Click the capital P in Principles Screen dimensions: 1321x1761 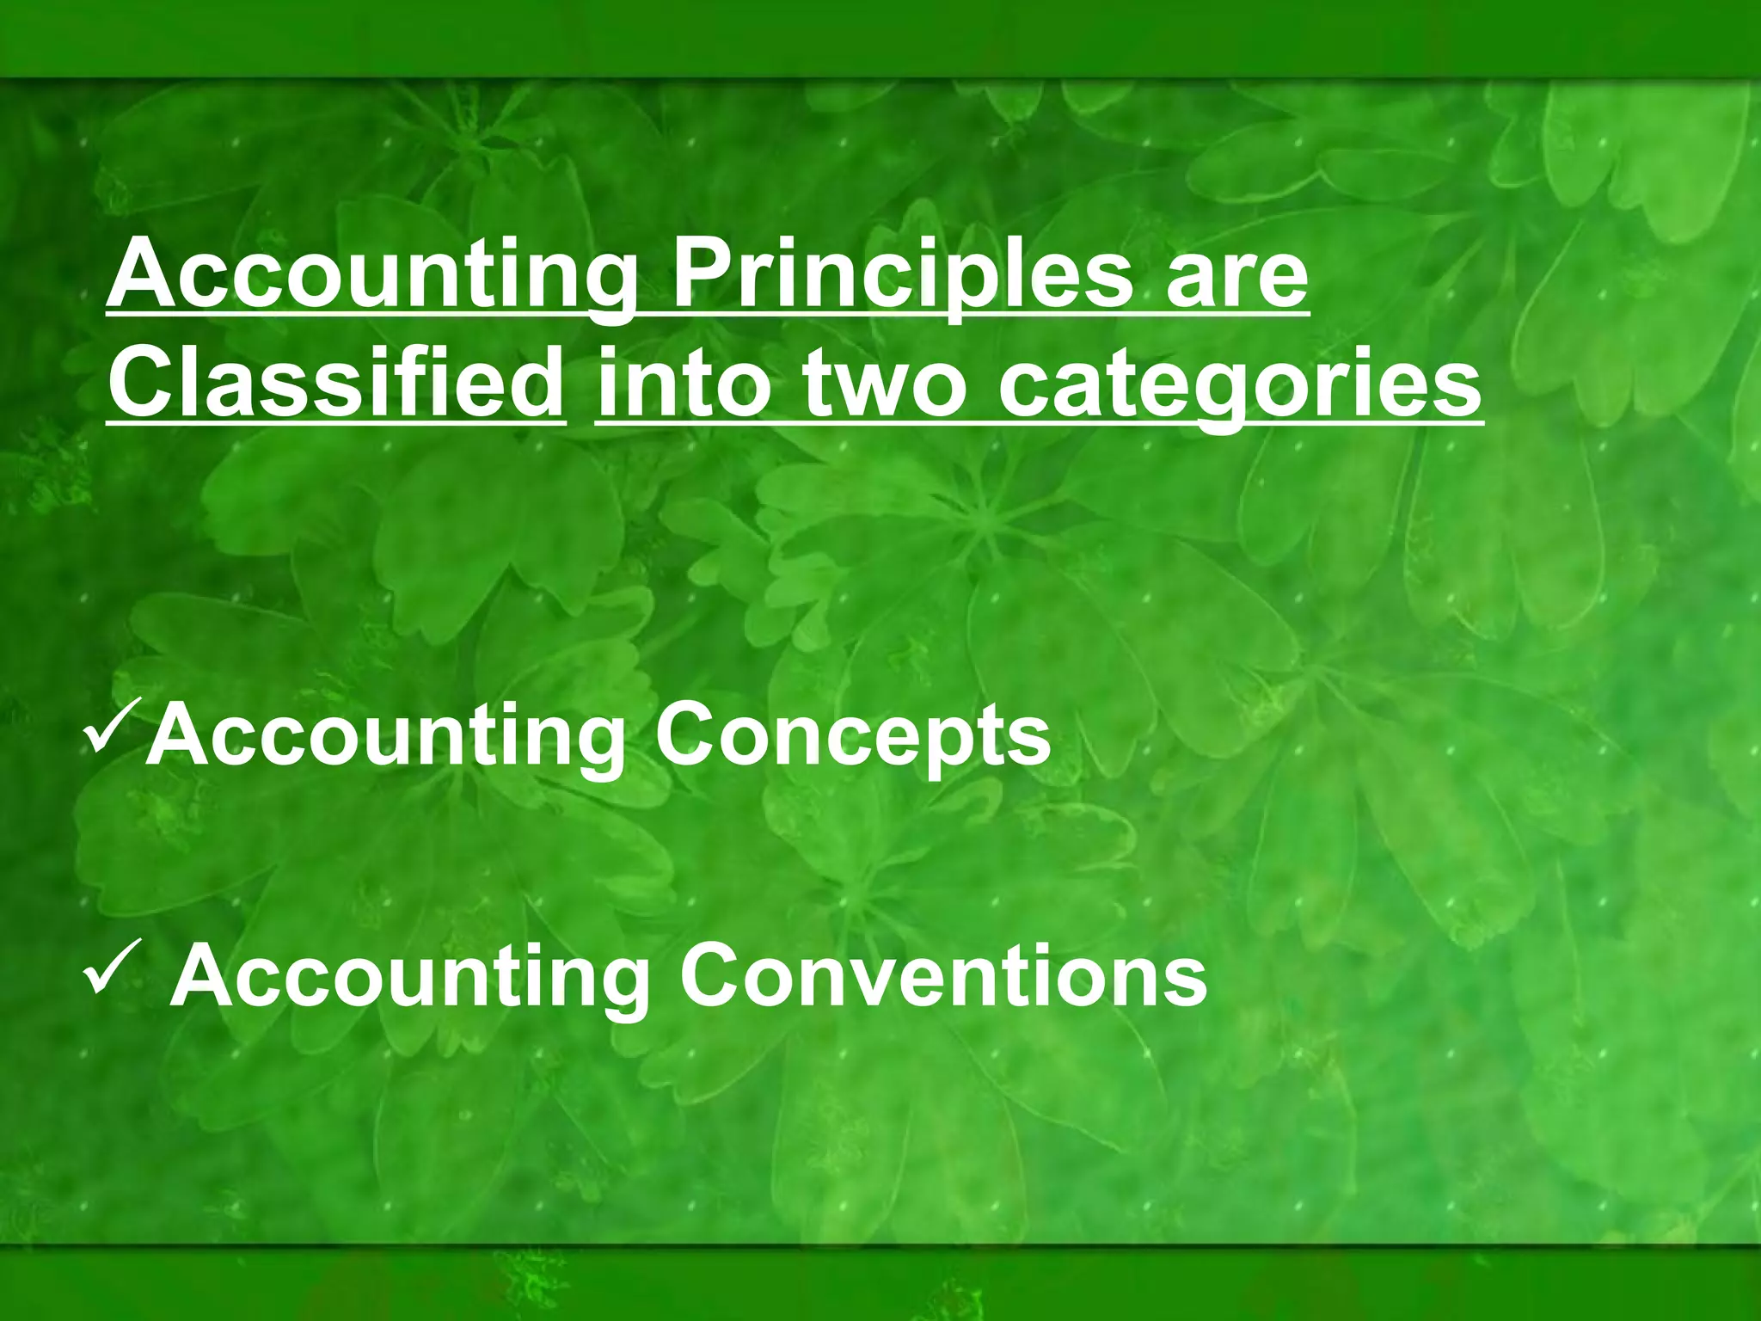point(703,273)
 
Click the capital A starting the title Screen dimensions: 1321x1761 point(144,273)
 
